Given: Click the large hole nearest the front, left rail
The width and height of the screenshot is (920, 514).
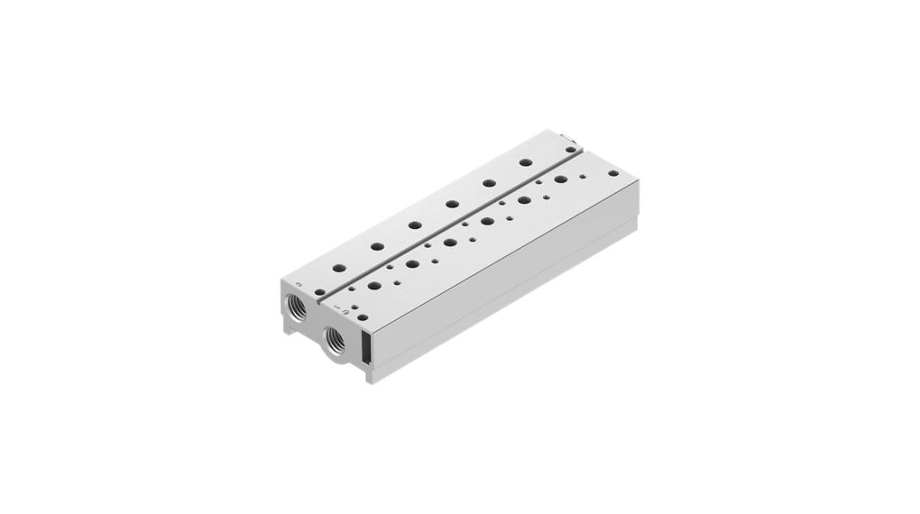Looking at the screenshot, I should pos(338,267).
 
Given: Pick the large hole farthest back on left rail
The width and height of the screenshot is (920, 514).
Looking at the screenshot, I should pos(525,163).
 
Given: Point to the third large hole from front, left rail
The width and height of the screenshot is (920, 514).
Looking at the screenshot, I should pos(415,225).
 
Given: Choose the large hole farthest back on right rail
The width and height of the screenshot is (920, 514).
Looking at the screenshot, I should pos(560,180).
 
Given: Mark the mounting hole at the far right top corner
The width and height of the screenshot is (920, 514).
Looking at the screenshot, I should pos(613,172).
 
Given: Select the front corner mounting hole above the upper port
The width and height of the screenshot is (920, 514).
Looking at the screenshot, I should pos(317,291).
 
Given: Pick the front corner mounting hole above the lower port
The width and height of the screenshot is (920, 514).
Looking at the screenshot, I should pos(353,309).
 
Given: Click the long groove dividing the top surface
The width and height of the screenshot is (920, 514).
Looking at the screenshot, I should pos(451,226).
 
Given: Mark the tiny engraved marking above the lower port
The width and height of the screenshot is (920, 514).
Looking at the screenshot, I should pos(336,309).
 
